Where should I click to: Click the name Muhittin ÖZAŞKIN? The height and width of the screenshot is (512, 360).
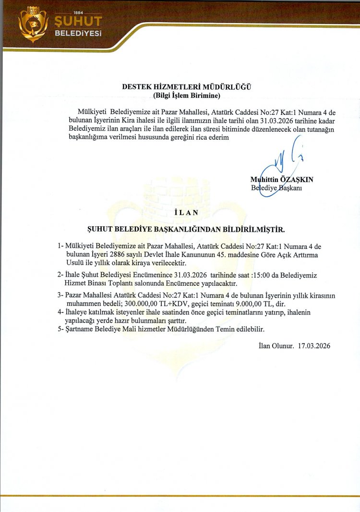click(281, 180)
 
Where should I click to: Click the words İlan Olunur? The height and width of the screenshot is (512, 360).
click(276, 345)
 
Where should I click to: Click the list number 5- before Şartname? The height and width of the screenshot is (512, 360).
click(60, 329)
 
